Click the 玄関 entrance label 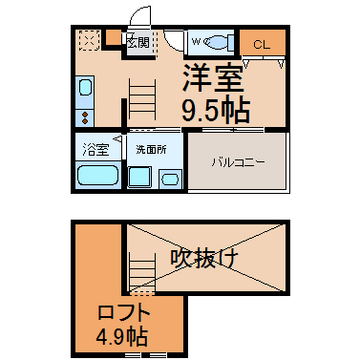pos(138,42)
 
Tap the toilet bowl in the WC pos(216,42)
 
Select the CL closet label pos(262,45)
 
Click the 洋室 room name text pos(213,77)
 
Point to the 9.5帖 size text pos(216,110)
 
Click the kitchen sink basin pos(85,87)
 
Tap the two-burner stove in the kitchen pos(85,117)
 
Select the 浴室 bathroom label pos(95,150)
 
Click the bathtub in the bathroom pos(98,175)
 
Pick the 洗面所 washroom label pos(151,150)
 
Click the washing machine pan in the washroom pos(139,177)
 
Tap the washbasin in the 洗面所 pos(170,180)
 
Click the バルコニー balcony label pos(239,162)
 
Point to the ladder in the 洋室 pos(142,99)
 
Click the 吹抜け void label pos(204,258)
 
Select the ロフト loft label pos(124,313)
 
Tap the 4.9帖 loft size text pos(122,336)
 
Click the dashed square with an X pos(90,40)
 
